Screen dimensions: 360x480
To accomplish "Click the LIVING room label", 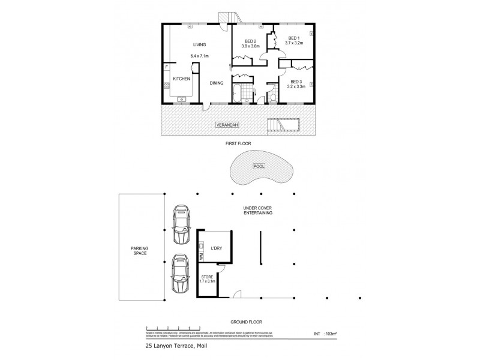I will [199, 45].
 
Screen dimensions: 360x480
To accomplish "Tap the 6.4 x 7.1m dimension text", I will [199, 56].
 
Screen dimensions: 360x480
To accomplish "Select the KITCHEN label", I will [182, 79].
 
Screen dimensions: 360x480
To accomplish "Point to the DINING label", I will [217, 83].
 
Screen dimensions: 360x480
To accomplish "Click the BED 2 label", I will [250, 40].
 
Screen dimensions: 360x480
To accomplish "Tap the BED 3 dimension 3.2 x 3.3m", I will [296, 86].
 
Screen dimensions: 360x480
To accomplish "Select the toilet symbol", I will [273, 97].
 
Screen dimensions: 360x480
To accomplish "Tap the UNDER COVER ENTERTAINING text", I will [258, 210].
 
